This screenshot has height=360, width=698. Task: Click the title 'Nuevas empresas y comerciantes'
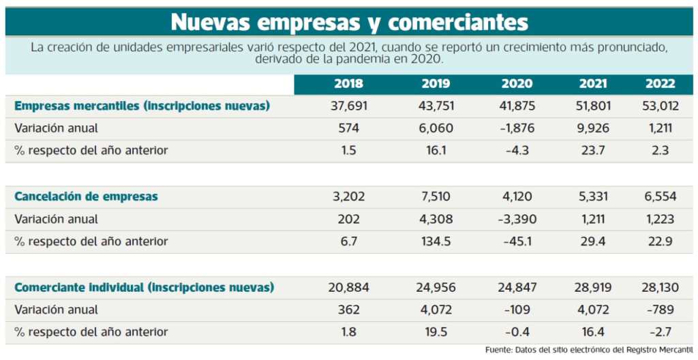click(x=349, y=22)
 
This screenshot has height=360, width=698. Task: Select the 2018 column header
click(x=348, y=84)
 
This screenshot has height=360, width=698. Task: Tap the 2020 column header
click(x=517, y=84)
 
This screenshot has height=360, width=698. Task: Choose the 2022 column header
click(x=660, y=84)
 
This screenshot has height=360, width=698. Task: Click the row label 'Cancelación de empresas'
click(x=86, y=196)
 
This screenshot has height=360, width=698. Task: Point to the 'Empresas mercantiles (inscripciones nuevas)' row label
click(x=142, y=106)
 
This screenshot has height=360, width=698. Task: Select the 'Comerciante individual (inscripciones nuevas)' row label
click(x=144, y=287)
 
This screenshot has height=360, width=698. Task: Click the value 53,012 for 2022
click(x=660, y=106)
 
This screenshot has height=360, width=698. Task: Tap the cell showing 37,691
click(x=348, y=106)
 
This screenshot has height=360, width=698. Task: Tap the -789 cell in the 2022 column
click(x=660, y=310)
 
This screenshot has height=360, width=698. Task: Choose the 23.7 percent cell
click(x=593, y=151)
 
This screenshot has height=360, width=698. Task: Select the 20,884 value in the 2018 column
click(x=348, y=287)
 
